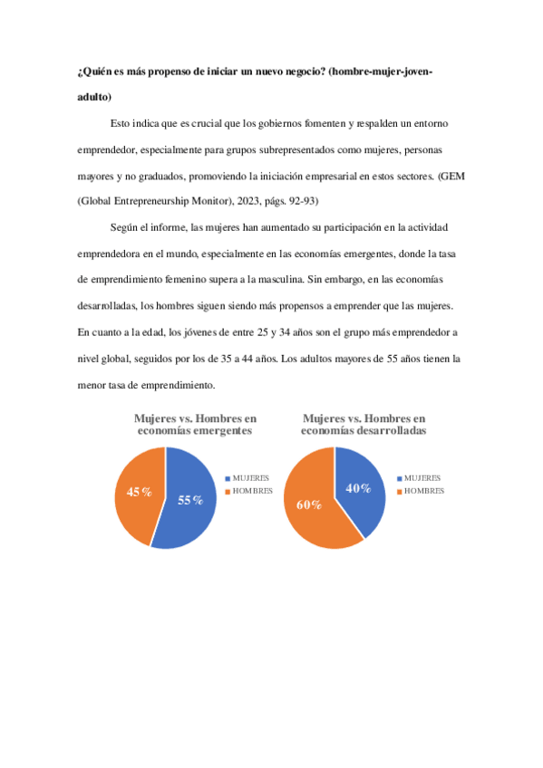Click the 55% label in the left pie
tap(190, 501)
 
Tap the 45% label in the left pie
tap(139, 492)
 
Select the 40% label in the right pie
tap(359, 488)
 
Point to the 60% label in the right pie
tap(310, 504)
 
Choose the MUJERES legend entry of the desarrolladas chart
tap(422, 477)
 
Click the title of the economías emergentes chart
tap(195, 425)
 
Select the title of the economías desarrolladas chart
tap(364, 425)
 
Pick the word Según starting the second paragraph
tap(124, 226)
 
